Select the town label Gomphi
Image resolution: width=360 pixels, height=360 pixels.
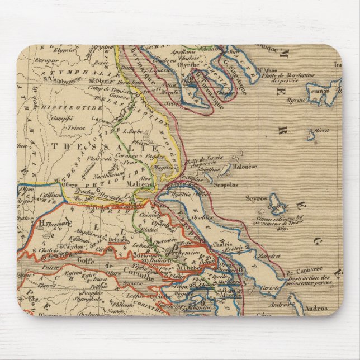tap(59, 118)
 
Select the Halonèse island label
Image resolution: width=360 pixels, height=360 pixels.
tap(245, 166)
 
